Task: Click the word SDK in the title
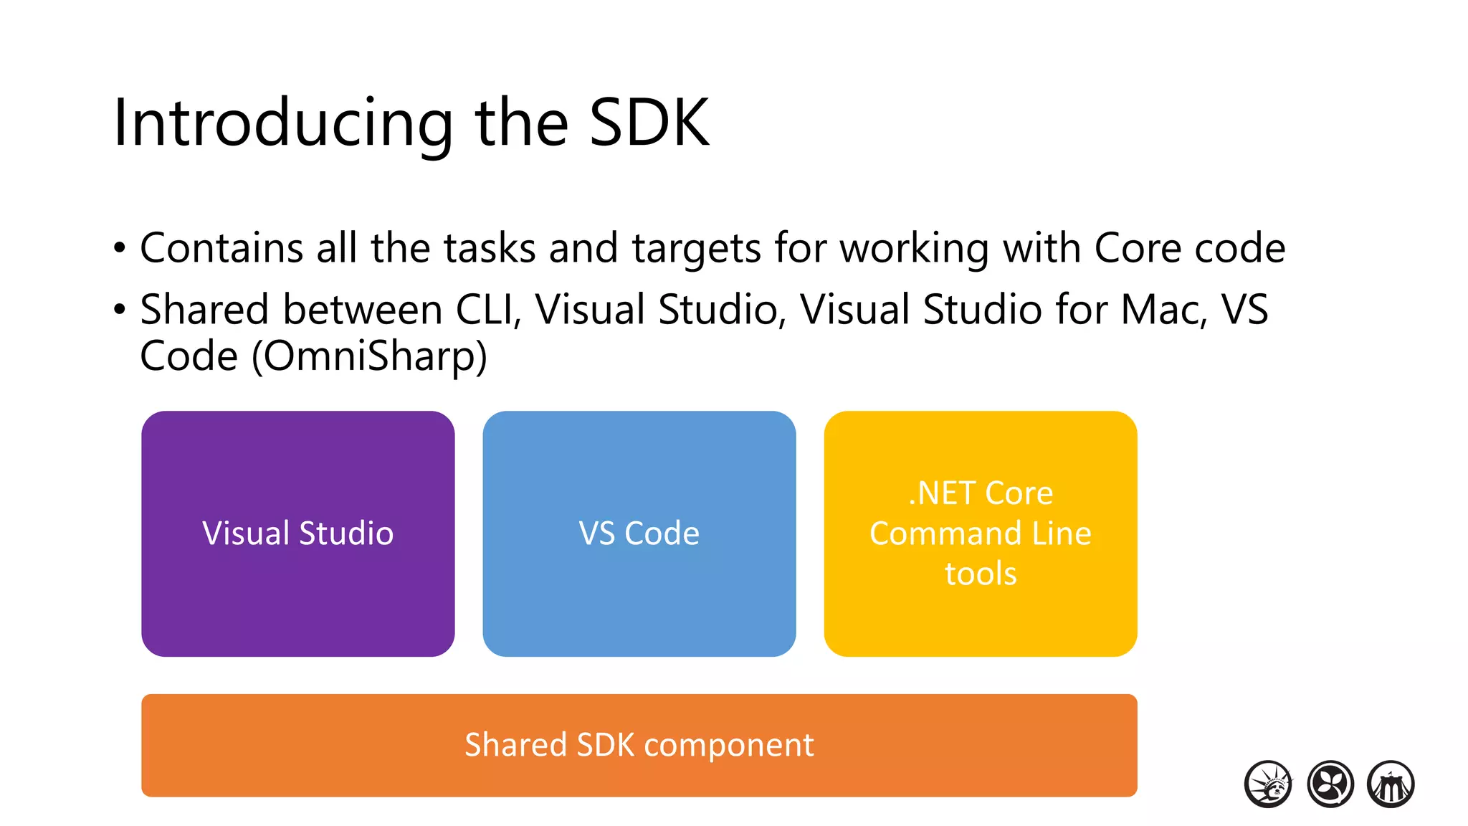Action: pos(649,123)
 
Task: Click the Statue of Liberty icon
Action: pos(1268,784)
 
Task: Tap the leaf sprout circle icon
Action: pos(1330,784)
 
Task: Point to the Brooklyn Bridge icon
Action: pos(1391,784)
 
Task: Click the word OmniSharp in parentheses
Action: pos(369,356)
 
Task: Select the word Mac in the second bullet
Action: pos(1163,310)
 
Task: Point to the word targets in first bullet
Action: pos(695,249)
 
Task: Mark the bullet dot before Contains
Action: pos(120,249)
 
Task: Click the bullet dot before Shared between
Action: pos(120,310)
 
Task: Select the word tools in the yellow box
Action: pos(981,574)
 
